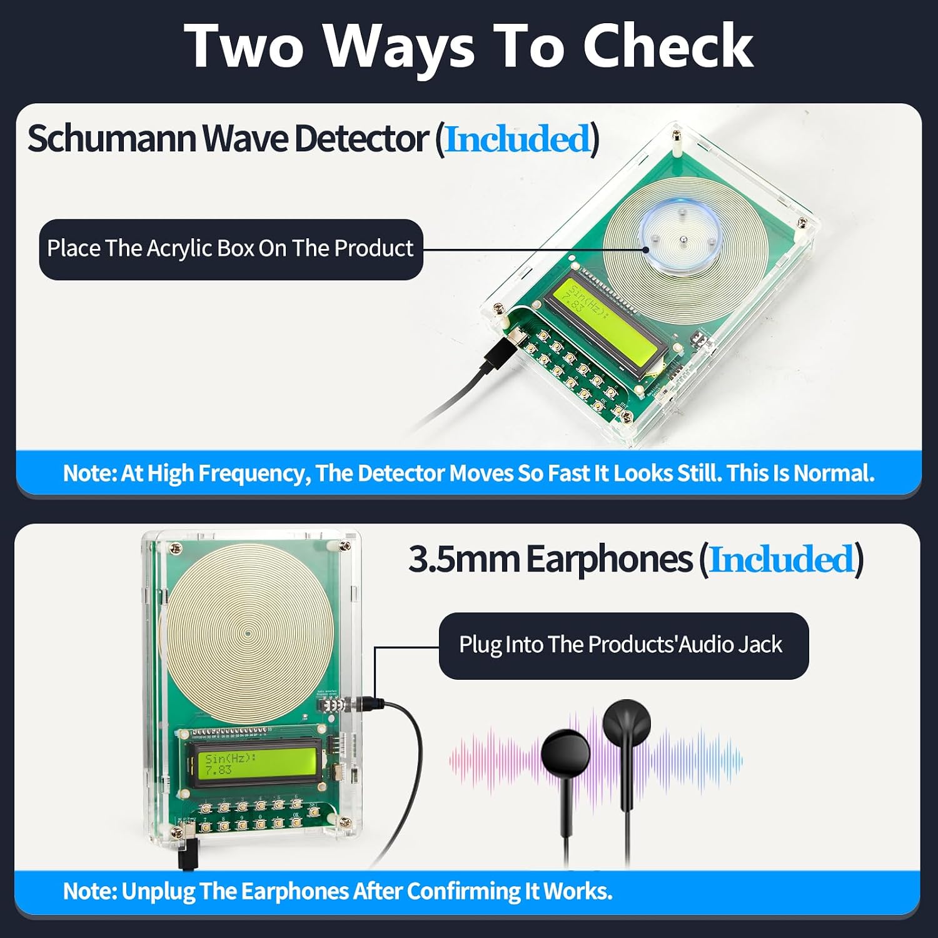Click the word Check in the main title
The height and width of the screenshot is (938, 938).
coord(668,46)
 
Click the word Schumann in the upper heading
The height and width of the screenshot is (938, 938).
coord(113,138)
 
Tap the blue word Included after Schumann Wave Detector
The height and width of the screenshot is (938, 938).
coord(517,139)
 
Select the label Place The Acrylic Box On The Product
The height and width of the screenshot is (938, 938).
coord(231,249)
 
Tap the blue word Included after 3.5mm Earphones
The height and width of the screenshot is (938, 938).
coord(782,559)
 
